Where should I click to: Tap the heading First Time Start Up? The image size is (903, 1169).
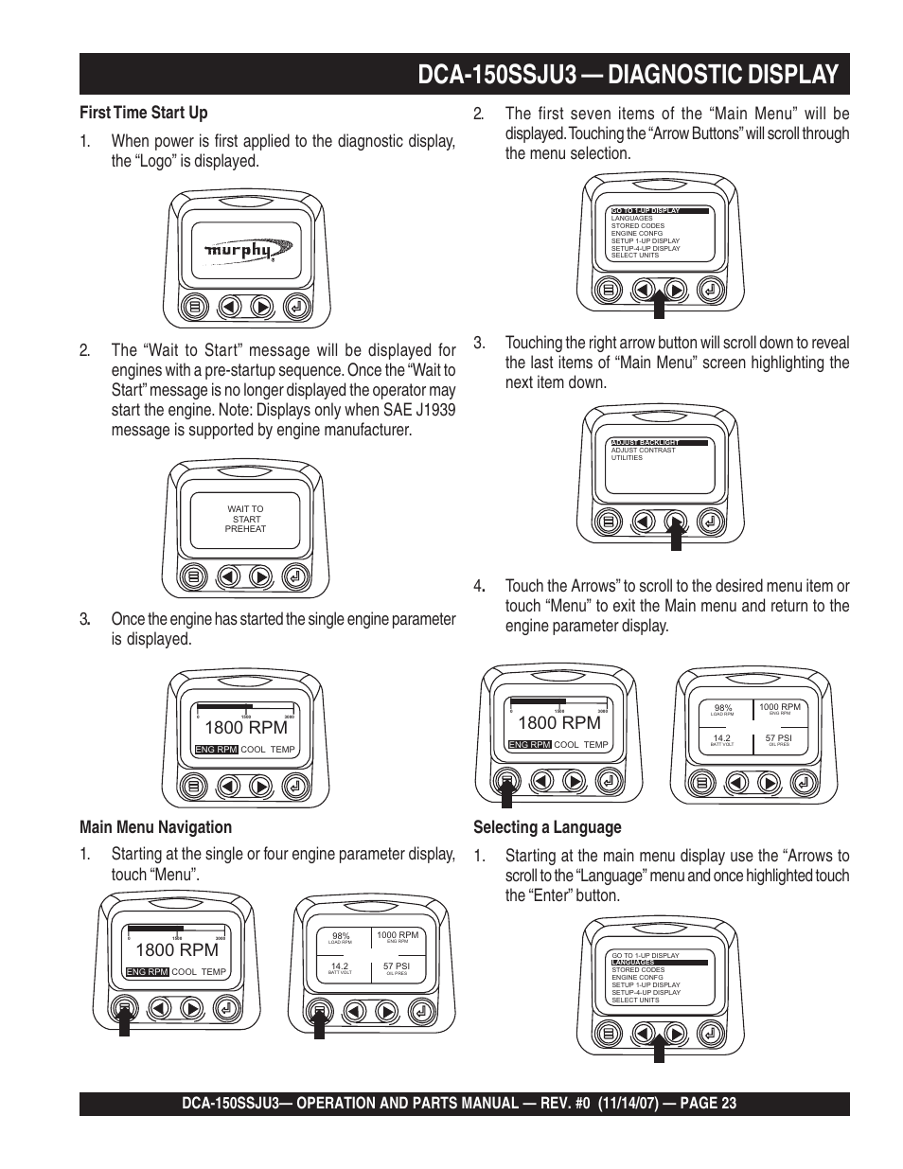144,113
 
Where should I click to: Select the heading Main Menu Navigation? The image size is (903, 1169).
155,826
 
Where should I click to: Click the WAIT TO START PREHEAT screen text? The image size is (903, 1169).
245,519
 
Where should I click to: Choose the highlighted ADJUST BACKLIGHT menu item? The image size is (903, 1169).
646,442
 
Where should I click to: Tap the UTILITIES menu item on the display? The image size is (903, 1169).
627,458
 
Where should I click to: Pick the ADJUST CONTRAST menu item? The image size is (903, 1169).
644,451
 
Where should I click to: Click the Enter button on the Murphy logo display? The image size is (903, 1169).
295,307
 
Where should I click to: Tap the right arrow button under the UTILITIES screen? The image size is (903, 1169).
675,521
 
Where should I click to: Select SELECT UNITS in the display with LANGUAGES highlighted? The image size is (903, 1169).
635,1000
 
